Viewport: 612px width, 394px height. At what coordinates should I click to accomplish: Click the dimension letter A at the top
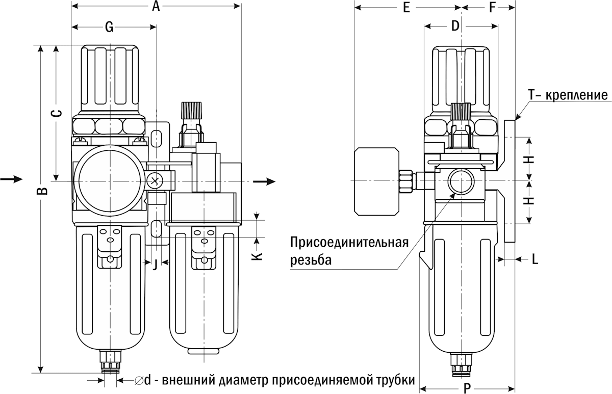click(x=156, y=7)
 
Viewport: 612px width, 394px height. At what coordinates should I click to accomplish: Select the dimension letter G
click(x=109, y=28)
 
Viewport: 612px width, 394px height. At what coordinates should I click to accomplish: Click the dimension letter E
click(x=406, y=8)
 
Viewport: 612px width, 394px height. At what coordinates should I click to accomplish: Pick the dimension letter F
click(x=492, y=8)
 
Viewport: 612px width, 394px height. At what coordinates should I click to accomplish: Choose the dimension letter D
click(x=455, y=26)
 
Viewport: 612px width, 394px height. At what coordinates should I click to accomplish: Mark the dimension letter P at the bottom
click(x=466, y=389)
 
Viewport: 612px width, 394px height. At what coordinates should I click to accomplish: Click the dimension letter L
click(x=534, y=259)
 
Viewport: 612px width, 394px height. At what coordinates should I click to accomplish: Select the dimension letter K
click(x=258, y=255)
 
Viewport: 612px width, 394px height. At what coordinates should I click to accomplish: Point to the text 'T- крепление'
click(x=568, y=95)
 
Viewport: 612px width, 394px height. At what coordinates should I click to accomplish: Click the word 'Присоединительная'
click(x=349, y=241)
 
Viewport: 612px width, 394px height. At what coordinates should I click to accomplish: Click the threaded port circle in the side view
click(x=461, y=181)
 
